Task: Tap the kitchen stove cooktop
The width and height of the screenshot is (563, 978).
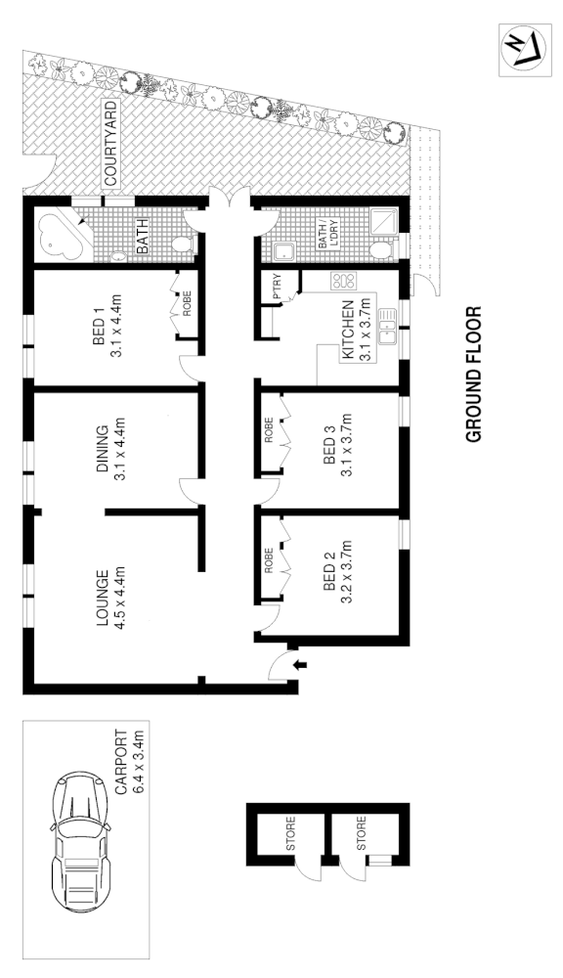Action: click(x=344, y=281)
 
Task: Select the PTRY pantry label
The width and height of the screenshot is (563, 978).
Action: click(x=278, y=286)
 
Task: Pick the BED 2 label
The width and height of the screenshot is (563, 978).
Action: click(x=330, y=571)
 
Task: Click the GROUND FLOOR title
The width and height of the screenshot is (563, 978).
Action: click(x=476, y=377)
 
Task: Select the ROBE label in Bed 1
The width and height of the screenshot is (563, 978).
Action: click(x=187, y=305)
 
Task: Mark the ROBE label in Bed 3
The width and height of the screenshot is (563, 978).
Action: click(x=269, y=432)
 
